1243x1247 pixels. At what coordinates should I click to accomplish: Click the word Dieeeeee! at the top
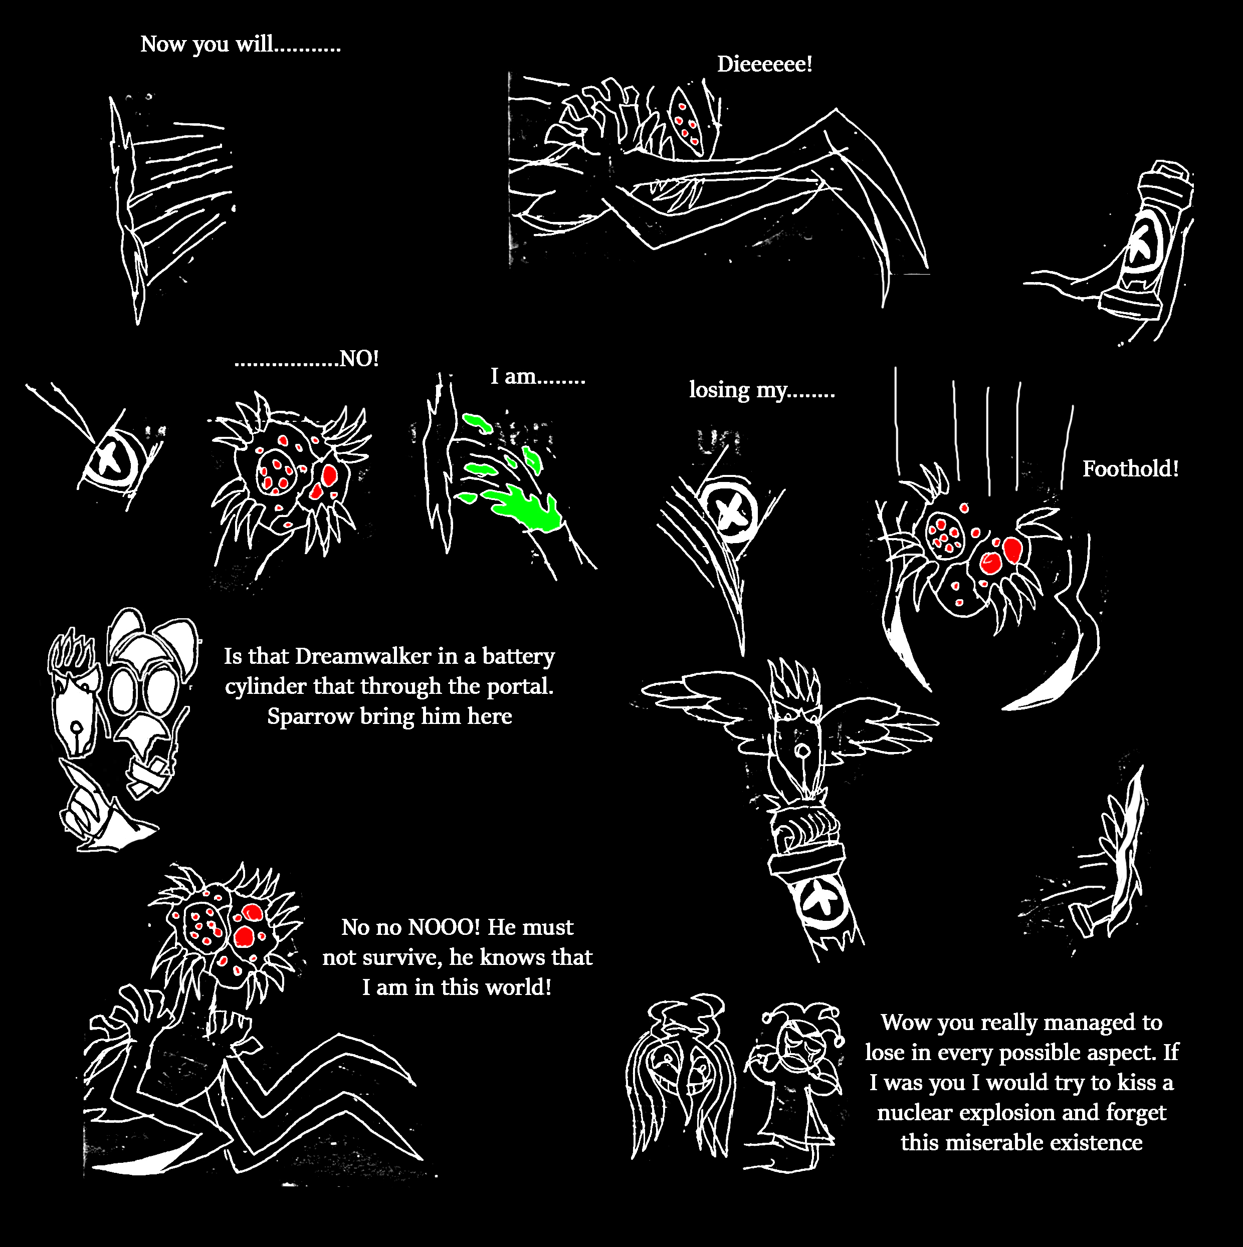[x=764, y=64]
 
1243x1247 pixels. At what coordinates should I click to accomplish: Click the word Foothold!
[x=1130, y=468]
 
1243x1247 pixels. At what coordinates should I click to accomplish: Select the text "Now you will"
[x=206, y=44]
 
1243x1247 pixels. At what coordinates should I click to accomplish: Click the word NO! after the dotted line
[x=359, y=359]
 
